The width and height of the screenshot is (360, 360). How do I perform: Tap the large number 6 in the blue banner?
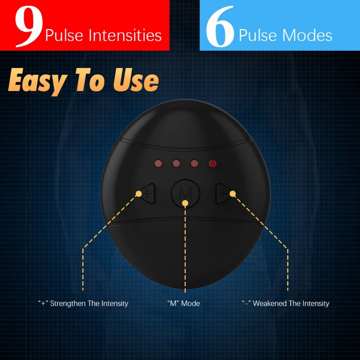pos(220,26)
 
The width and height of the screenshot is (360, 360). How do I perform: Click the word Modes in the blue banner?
pos(307,35)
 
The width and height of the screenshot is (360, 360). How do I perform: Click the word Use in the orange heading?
pos(136,80)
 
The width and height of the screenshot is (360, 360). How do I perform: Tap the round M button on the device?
pos(186,194)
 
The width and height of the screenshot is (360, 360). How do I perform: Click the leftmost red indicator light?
pos(158,164)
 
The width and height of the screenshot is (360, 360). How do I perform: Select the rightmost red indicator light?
pos(213,164)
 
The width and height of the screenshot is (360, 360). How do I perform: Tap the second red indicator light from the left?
pos(176,164)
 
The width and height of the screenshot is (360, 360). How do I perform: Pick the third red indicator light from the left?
pos(194,164)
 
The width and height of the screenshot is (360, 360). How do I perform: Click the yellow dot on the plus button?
pos(139,194)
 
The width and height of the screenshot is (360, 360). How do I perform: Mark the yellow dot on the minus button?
pos(233,194)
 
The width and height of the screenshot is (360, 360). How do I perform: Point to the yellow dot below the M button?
pos(185,203)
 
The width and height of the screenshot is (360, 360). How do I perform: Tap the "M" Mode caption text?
pos(184,304)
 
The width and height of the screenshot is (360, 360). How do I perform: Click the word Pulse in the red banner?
pos(64,35)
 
